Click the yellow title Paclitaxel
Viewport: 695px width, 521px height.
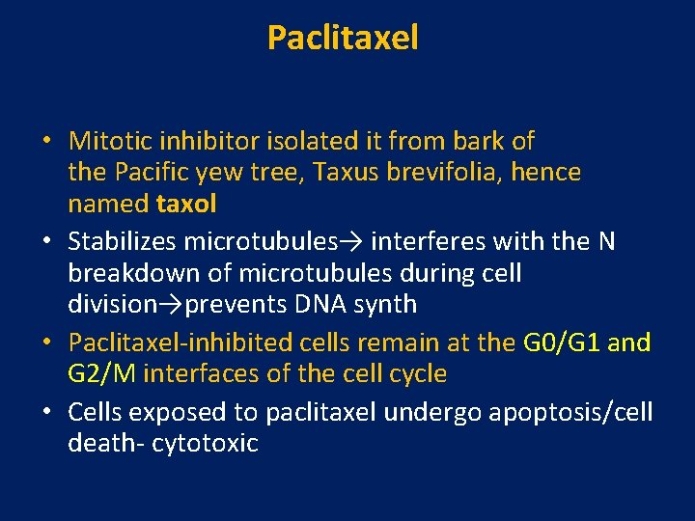pyautogui.click(x=343, y=39)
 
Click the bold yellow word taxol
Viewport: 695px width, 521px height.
pyautogui.click(x=186, y=205)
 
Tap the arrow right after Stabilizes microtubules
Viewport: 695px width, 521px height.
pyautogui.click(x=357, y=241)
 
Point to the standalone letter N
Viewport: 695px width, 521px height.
pyautogui.click(x=606, y=241)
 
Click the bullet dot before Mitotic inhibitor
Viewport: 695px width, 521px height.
pyautogui.click(x=46, y=143)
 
